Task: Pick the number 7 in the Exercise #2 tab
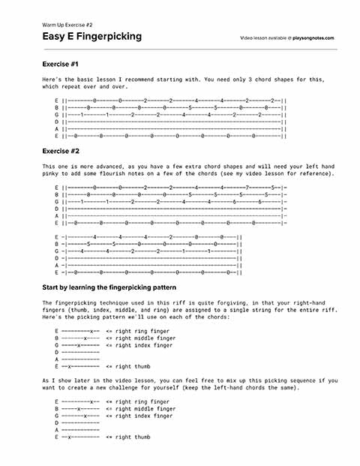(247, 187)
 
